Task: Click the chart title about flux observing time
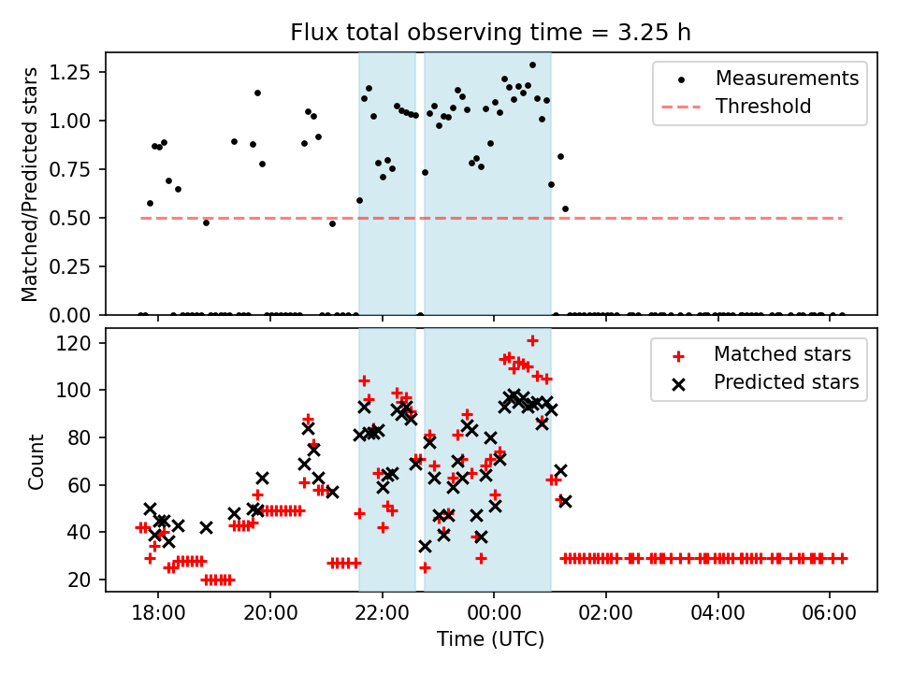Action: click(x=491, y=33)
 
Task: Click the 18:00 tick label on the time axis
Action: click(x=157, y=616)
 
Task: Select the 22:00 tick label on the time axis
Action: click(x=382, y=616)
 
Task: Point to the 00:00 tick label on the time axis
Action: click(x=494, y=616)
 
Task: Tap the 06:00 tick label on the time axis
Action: click(x=830, y=616)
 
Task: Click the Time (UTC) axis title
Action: click(x=491, y=640)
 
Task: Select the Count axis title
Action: click(x=36, y=461)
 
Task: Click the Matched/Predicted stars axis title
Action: click(x=31, y=184)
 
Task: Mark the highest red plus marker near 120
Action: click(x=532, y=340)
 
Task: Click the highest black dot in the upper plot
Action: click(x=532, y=65)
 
